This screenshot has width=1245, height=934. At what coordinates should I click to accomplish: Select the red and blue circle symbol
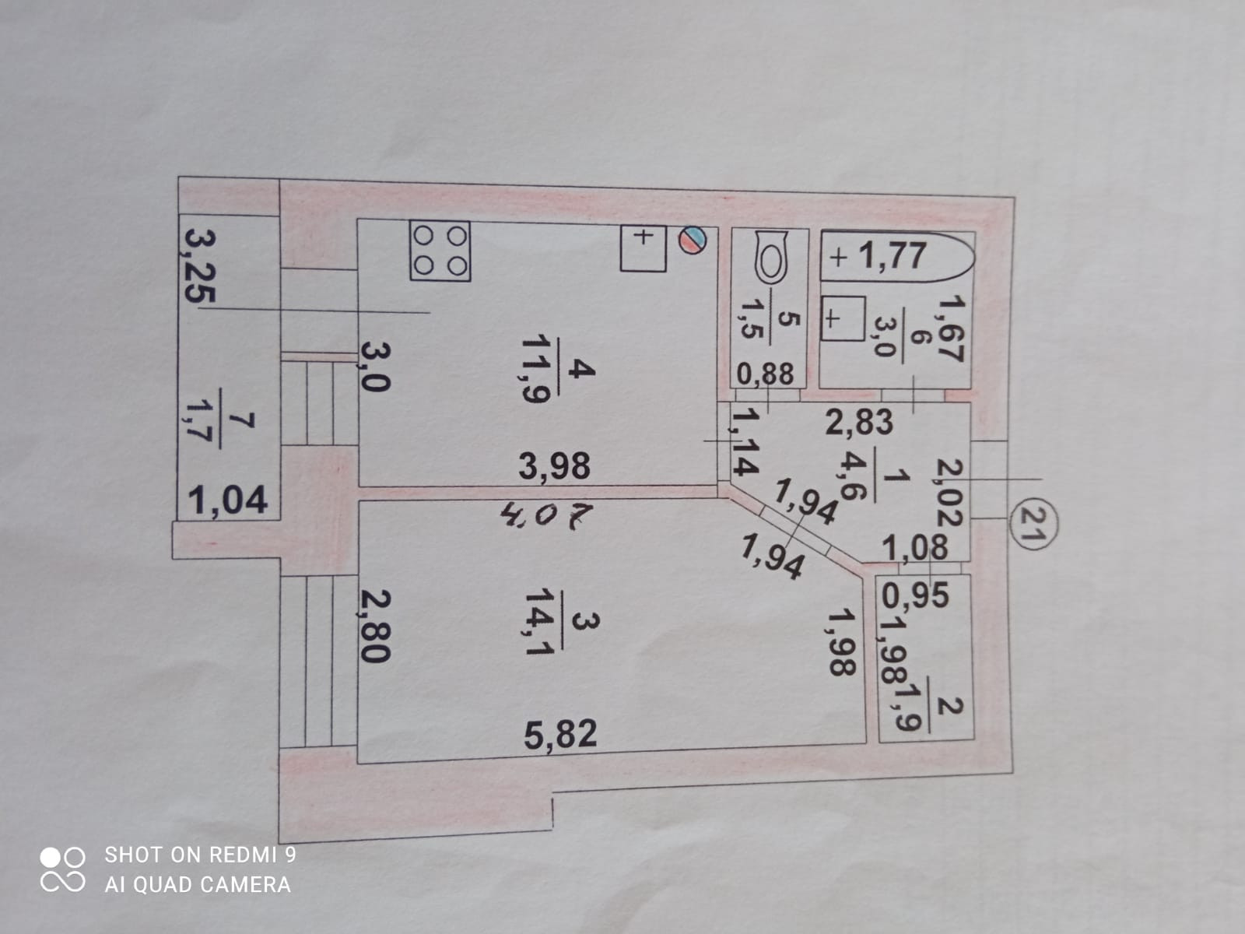[693, 240]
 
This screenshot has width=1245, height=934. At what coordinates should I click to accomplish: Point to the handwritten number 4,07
[548, 514]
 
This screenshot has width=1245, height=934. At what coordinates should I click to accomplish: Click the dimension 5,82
[560, 733]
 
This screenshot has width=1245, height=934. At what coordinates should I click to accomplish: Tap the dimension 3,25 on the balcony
[198, 265]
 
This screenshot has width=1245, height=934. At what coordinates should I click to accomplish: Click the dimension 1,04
[228, 499]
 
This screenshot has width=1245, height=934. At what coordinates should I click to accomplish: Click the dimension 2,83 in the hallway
[859, 423]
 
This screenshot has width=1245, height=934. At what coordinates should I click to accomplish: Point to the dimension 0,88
[766, 374]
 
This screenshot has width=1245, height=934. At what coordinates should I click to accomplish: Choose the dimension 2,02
[950, 491]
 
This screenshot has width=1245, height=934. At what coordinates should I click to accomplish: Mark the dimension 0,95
[916, 595]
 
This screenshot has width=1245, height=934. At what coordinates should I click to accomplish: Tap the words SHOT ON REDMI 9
[200, 855]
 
